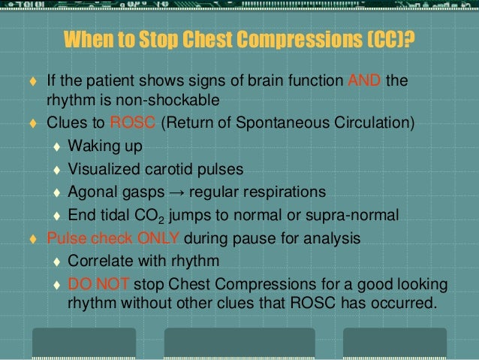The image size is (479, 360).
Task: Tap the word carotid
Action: click(170, 167)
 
